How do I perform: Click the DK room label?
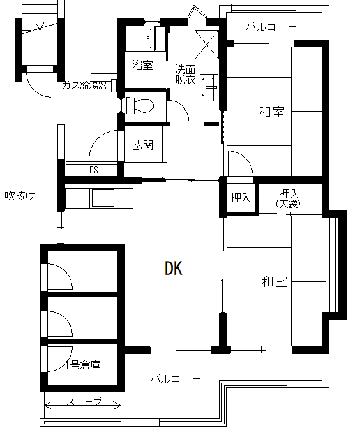(x=174, y=269)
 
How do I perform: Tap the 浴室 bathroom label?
(x=142, y=64)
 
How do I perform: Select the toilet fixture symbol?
(x=140, y=105)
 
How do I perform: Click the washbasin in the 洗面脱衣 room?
(x=209, y=87)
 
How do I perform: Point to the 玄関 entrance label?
(x=143, y=145)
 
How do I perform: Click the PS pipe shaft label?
(x=94, y=170)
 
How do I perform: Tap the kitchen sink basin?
(x=103, y=198)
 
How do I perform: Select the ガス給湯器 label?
(x=85, y=85)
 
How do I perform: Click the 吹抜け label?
(x=20, y=196)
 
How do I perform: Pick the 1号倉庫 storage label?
(x=83, y=365)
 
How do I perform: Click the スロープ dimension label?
(x=84, y=401)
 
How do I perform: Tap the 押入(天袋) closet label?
(x=288, y=198)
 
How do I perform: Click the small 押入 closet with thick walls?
(x=241, y=197)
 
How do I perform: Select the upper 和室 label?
(x=272, y=112)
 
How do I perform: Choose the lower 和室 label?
(x=274, y=281)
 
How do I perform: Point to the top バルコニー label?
(x=271, y=27)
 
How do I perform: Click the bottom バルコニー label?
(x=176, y=379)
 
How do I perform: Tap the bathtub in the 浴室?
(x=140, y=38)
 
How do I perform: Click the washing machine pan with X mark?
(x=207, y=45)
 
